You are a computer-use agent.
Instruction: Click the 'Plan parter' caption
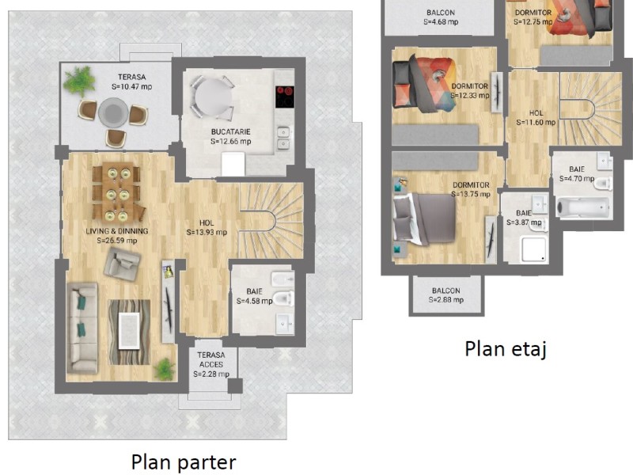[184, 462]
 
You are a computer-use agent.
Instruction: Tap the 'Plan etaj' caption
[506, 348]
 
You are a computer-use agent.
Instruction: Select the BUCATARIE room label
[230, 131]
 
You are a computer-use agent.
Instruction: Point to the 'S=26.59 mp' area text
[117, 241]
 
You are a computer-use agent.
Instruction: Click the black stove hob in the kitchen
[285, 97]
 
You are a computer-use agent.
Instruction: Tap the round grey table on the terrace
[113, 113]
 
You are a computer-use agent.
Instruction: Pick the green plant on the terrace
[79, 81]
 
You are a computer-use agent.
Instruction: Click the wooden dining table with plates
[117, 192]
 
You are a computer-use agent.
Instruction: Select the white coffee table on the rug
[129, 331]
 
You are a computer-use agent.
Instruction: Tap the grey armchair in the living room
[122, 263]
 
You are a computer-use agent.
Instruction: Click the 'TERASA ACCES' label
[211, 359]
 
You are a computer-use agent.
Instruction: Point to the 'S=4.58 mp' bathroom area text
[254, 301]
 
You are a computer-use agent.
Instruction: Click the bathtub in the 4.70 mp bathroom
[583, 207]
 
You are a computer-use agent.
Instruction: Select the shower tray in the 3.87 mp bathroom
[533, 249]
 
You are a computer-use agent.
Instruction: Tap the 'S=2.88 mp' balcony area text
[446, 300]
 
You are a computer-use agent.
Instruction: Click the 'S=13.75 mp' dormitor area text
[471, 194]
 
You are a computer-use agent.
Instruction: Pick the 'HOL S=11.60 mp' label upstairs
[536, 117]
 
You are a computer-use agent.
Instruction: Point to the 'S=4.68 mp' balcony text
[441, 22]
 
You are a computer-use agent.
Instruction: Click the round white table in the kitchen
[213, 97]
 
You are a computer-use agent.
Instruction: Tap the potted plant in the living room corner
[165, 369]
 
